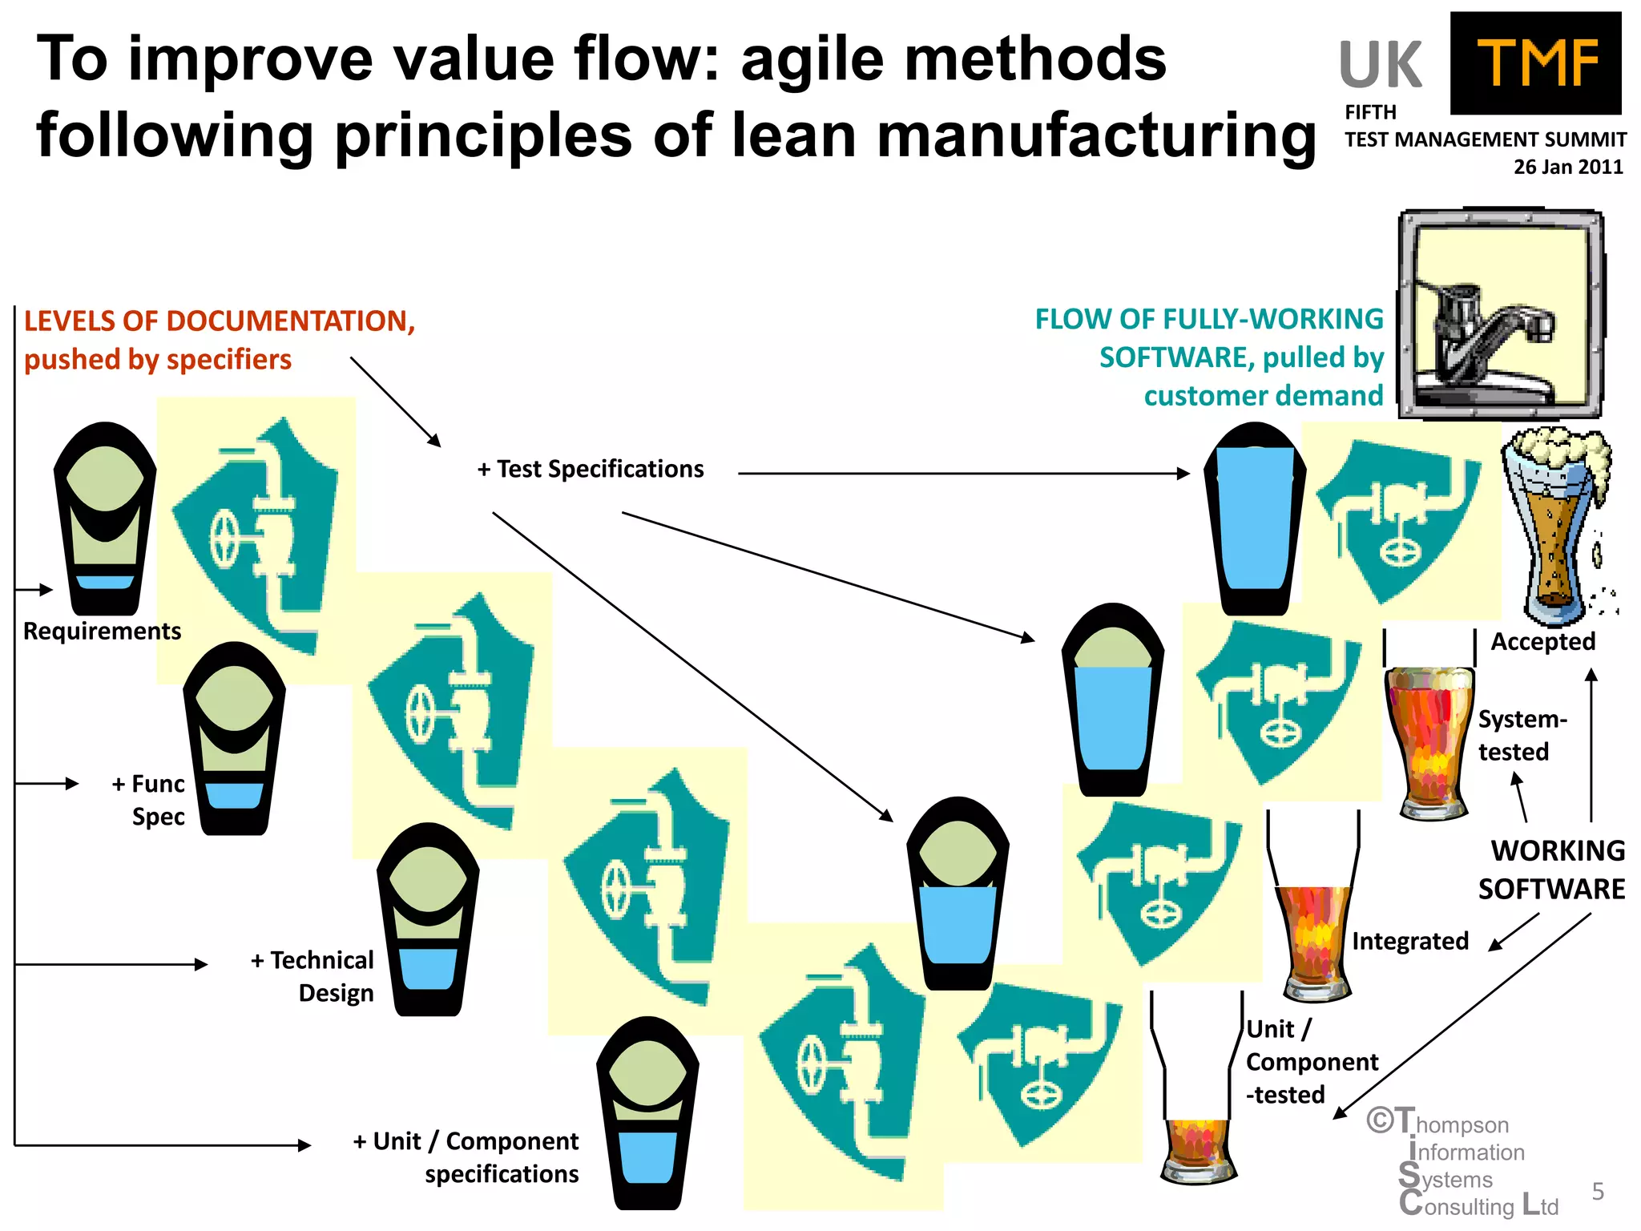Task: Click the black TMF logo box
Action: pyautogui.click(x=1535, y=63)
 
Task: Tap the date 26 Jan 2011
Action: pyautogui.click(x=1567, y=167)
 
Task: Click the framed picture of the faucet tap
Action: pyautogui.click(x=1501, y=314)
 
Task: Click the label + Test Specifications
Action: pyautogui.click(x=591, y=469)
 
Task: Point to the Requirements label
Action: pyautogui.click(x=102, y=632)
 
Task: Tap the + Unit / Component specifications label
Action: pyautogui.click(x=466, y=1157)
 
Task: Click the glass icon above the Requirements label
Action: pyautogui.click(x=104, y=519)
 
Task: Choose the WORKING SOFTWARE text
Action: pyautogui.click(x=1551, y=870)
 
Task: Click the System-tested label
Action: pyautogui.click(x=1521, y=735)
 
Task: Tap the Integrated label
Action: pyautogui.click(x=1409, y=941)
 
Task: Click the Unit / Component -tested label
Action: pyautogui.click(x=1311, y=1062)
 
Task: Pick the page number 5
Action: pyautogui.click(x=1597, y=1192)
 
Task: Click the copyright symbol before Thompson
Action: pyautogui.click(x=1380, y=1120)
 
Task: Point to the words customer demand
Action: pyautogui.click(x=1263, y=396)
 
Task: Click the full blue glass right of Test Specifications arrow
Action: pyautogui.click(x=1254, y=519)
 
